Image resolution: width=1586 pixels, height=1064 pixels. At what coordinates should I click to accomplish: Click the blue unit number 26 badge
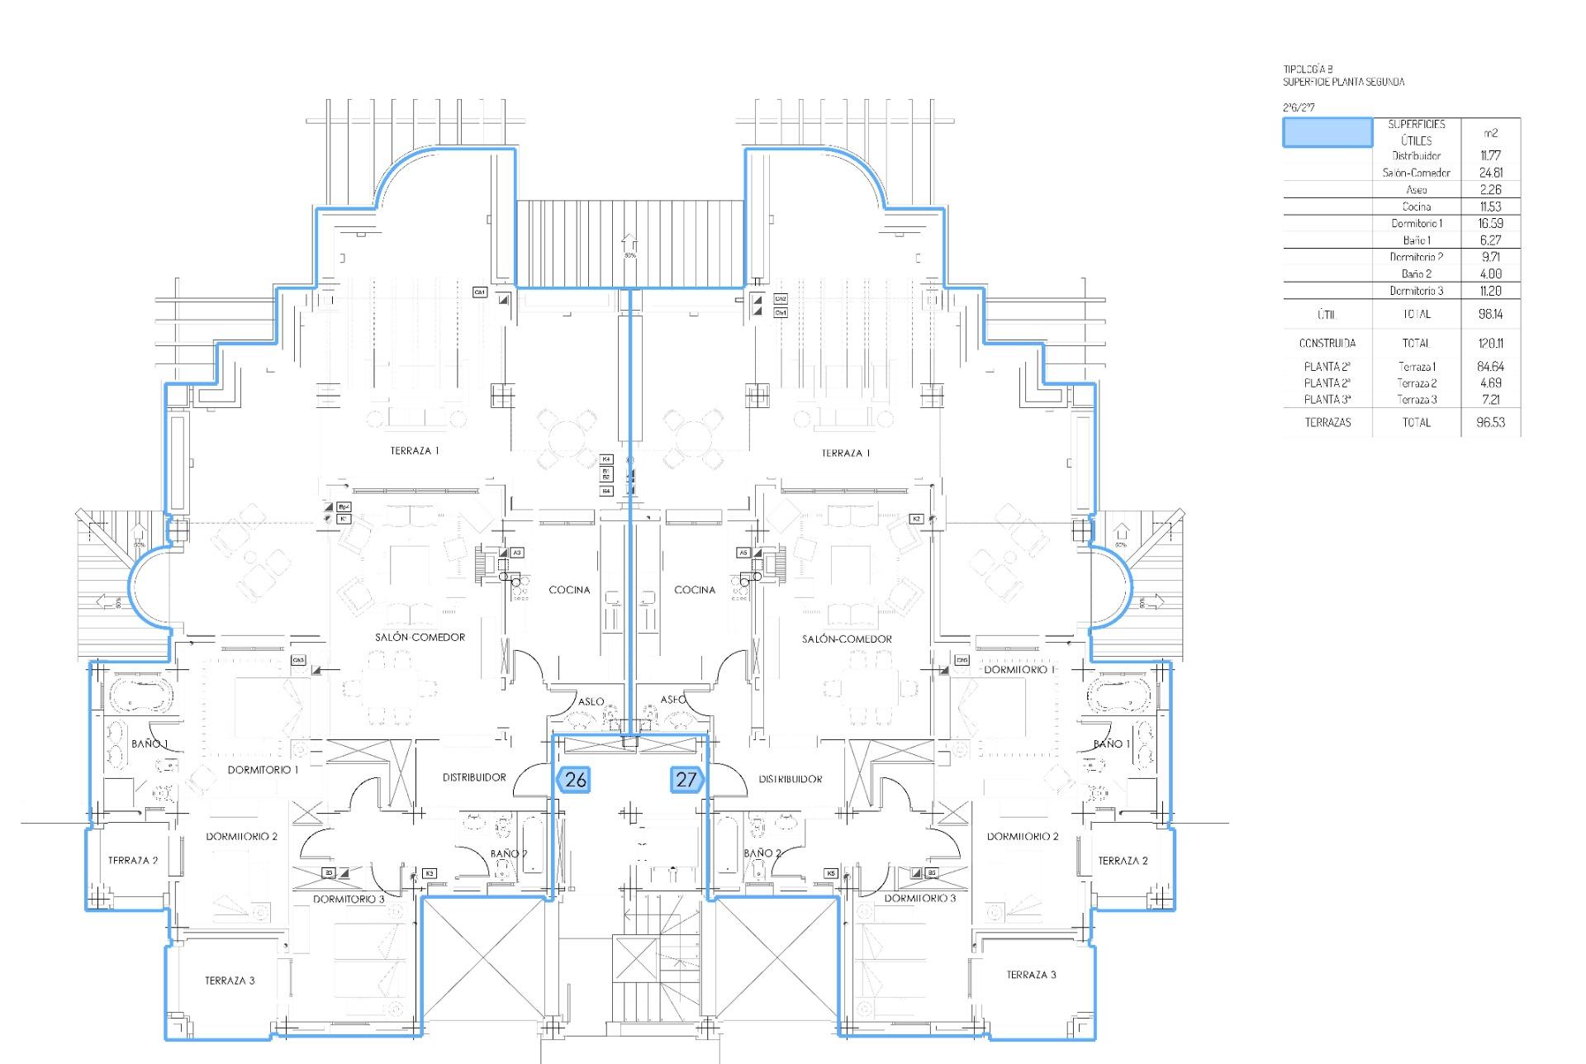(574, 779)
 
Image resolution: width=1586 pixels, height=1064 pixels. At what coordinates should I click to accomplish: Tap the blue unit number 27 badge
(686, 779)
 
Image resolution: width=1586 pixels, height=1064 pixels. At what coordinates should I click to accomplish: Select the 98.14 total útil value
(1489, 314)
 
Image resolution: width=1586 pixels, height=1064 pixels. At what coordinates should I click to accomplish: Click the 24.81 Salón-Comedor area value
(1490, 173)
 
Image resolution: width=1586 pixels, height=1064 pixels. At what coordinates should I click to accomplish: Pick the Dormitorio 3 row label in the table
(1416, 291)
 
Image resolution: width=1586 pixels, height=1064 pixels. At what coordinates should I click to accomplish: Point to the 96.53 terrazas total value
(1489, 422)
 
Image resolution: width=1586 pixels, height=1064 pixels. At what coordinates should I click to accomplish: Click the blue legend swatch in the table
(1327, 132)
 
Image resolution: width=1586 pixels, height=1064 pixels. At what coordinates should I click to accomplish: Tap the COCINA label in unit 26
(569, 590)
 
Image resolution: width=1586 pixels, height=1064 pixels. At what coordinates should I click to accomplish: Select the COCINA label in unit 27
(695, 590)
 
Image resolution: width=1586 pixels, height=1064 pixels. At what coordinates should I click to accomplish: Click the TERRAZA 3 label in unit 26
(230, 981)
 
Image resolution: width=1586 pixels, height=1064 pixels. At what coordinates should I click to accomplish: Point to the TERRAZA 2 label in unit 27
(1123, 861)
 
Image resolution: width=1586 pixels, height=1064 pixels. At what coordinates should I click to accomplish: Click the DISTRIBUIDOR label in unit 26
(474, 777)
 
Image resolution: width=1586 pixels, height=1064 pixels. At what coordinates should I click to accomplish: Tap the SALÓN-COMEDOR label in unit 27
(847, 639)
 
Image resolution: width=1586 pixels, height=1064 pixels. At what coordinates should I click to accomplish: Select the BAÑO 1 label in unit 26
(150, 743)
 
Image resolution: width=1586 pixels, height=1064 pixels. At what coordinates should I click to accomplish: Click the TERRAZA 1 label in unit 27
(846, 453)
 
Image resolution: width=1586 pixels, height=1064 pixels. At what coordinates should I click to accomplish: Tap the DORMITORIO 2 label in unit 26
(242, 836)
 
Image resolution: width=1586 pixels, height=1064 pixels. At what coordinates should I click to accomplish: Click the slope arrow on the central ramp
(629, 242)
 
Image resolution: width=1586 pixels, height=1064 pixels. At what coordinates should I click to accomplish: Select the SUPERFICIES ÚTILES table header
(1416, 132)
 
